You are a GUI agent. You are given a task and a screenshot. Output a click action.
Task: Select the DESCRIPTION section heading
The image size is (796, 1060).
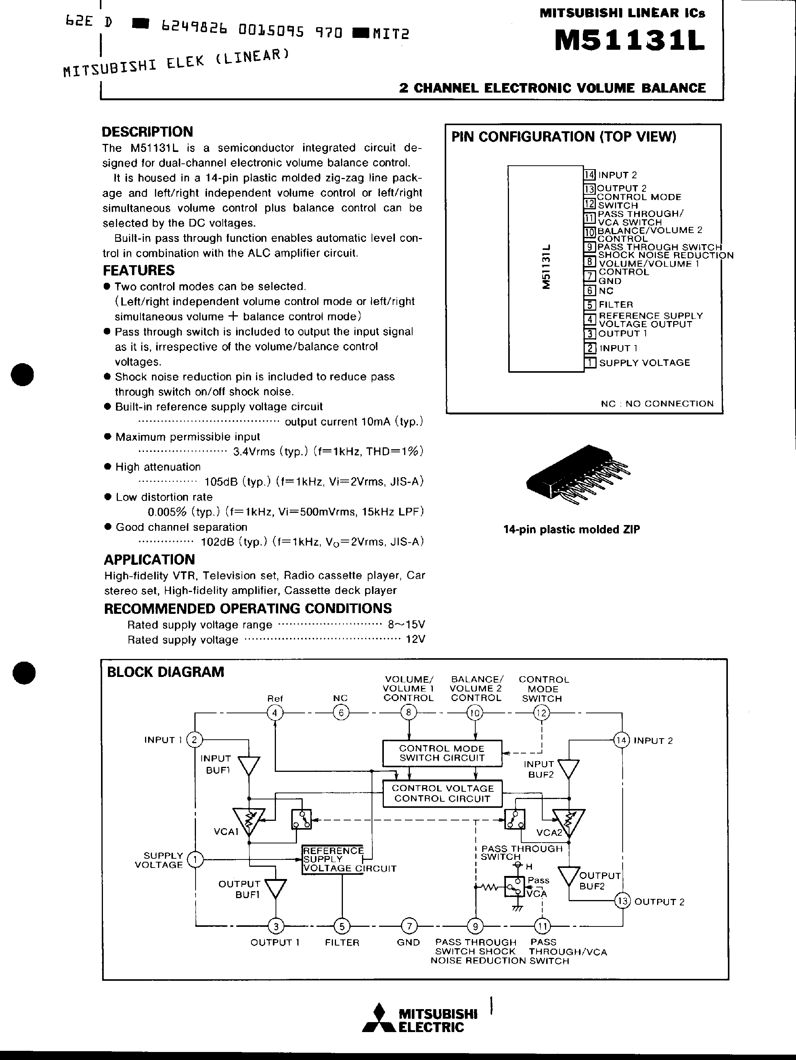[x=147, y=132]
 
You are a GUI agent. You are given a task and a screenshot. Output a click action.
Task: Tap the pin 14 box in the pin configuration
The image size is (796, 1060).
[x=589, y=174]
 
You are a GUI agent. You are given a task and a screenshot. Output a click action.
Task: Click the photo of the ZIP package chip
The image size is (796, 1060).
[x=577, y=474]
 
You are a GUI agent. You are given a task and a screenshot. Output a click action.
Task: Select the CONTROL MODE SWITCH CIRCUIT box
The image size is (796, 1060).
[x=442, y=753]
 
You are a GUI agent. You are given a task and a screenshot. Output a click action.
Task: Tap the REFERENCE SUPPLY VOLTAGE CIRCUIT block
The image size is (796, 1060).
[x=333, y=859]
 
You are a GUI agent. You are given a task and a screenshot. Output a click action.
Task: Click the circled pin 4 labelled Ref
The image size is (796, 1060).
[x=275, y=713]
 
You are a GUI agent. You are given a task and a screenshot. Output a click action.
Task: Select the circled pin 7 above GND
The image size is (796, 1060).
[x=409, y=926]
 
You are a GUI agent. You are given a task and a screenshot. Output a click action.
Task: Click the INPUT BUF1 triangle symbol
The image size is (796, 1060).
[x=249, y=766]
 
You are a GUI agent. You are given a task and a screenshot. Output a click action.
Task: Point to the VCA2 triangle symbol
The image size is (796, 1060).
[x=568, y=822]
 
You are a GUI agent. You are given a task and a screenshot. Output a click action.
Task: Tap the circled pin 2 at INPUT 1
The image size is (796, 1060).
[x=194, y=740]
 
